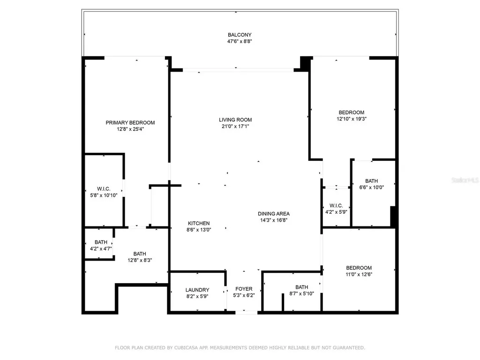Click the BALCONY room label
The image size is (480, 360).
(240, 35)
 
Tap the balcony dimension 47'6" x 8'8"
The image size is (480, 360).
(240, 41)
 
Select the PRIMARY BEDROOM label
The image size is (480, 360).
(130, 123)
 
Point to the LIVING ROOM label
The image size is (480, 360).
(235, 120)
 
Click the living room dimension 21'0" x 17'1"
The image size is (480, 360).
(235, 126)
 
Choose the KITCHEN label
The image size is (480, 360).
(199, 224)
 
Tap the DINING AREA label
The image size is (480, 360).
(274, 214)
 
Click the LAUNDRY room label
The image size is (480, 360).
(197, 290)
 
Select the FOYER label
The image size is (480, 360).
(244, 289)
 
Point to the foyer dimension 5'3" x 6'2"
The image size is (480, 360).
(244, 295)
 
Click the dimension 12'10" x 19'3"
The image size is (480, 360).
(352, 119)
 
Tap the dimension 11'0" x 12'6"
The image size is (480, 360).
(359, 274)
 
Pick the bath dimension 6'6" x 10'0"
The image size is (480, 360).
(371, 187)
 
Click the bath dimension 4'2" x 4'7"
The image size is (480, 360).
(101, 248)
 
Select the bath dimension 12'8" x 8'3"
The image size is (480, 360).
(140, 260)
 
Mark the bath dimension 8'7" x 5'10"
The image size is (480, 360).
(301, 293)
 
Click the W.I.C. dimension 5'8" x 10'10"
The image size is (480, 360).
(104, 195)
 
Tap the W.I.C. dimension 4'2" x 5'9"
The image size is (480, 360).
(336, 212)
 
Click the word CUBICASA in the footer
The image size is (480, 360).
(186, 348)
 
